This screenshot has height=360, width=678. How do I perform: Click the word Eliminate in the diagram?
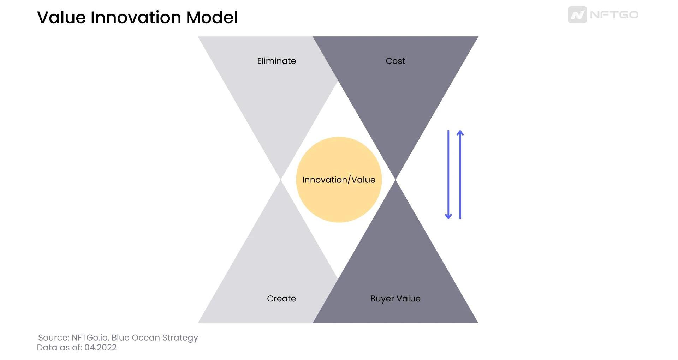(x=276, y=61)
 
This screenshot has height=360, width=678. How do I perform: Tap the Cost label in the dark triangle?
(x=395, y=61)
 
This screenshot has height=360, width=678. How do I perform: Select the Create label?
(x=281, y=298)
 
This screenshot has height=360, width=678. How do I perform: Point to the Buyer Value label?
(x=395, y=299)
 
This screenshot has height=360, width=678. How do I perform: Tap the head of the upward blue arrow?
(x=460, y=133)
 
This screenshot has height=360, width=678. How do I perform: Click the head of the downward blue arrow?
(x=448, y=216)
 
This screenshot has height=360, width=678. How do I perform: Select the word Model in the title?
(x=212, y=17)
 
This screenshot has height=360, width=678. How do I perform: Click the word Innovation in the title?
(x=136, y=17)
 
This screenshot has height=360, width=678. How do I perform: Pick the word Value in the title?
(x=61, y=17)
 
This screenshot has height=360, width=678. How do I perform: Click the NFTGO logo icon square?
(x=577, y=15)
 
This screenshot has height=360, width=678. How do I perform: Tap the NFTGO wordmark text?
(x=614, y=15)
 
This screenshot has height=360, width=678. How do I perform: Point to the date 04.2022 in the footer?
(x=100, y=347)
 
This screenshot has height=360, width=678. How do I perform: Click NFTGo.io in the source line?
(x=90, y=337)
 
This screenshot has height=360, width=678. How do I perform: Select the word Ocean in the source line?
(x=146, y=337)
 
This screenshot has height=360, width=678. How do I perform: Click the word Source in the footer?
(x=53, y=337)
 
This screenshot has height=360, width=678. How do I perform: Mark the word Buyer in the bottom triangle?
(x=382, y=299)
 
